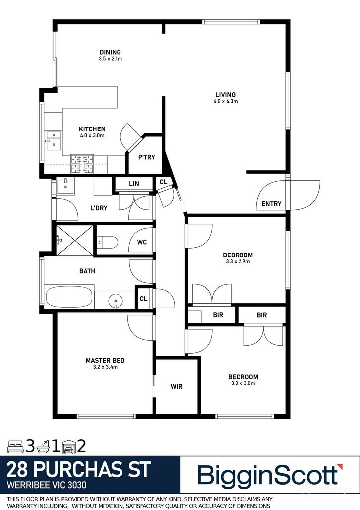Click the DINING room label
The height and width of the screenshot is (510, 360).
110,52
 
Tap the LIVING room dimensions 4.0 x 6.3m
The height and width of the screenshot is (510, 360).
225,102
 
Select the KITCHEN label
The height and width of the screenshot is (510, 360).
92,129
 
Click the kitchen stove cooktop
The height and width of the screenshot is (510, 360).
82,163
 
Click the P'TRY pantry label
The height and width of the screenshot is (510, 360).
146,157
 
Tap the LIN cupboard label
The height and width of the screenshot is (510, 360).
134,184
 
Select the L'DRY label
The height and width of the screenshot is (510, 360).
99,208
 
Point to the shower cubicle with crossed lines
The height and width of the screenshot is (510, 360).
74,240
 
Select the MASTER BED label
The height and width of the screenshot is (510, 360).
105,360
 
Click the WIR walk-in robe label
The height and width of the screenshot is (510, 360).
177,386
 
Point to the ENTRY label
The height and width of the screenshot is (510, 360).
271,204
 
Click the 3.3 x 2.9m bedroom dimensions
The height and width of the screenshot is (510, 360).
237,261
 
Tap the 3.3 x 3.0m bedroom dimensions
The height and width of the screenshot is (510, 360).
243,383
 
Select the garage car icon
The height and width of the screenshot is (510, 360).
68,445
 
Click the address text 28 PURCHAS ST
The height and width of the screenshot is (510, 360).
79,470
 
